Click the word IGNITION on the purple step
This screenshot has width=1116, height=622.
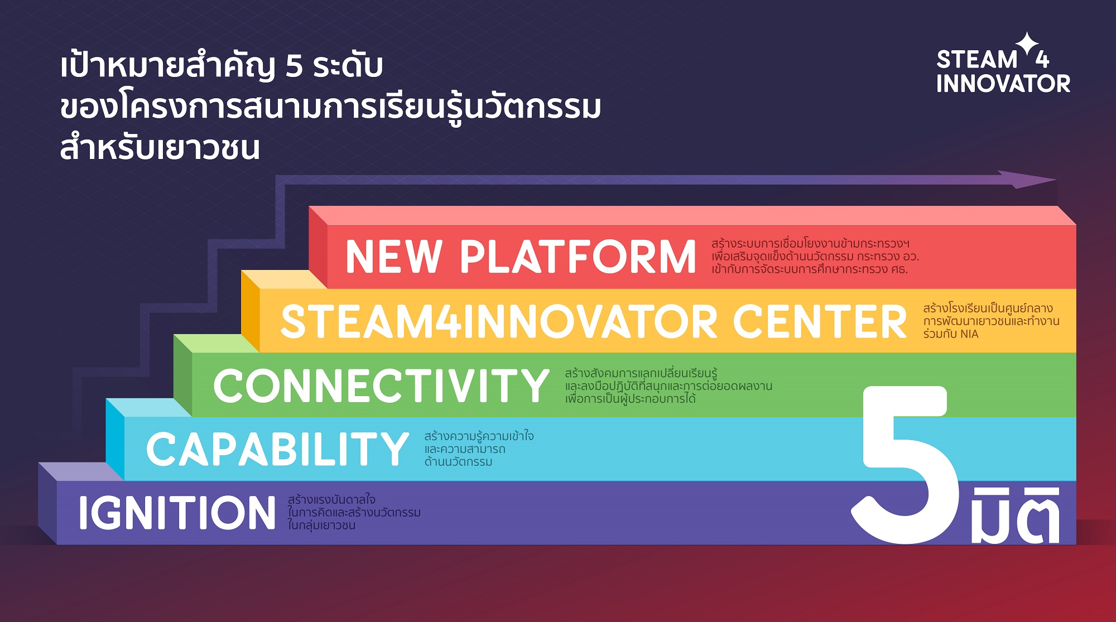click(x=177, y=513)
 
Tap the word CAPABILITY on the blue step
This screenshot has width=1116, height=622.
click(x=277, y=449)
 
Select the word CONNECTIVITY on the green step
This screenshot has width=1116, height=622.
click(x=381, y=385)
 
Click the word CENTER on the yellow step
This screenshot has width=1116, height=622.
click(x=820, y=321)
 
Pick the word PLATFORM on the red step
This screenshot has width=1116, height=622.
click(x=578, y=257)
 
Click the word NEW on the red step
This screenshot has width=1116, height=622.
click(x=394, y=257)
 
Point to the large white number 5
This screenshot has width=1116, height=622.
click(x=904, y=464)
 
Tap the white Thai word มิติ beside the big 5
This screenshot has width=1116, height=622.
click(x=1015, y=514)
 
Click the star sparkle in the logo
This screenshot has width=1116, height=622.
click(x=1027, y=44)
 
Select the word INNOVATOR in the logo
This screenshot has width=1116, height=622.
click(x=1003, y=84)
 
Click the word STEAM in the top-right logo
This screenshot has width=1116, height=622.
click(x=977, y=59)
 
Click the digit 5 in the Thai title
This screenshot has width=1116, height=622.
click(x=294, y=66)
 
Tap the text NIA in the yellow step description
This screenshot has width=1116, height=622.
click(x=969, y=334)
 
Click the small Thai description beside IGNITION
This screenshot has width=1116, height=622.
click(x=354, y=512)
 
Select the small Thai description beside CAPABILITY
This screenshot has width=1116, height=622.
click(x=479, y=449)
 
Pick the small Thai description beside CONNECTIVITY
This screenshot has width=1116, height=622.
click(x=668, y=385)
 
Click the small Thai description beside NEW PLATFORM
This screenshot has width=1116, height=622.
click(x=815, y=256)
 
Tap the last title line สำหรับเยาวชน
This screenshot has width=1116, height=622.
click(x=160, y=148)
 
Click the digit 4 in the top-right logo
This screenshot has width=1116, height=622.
click(x=1042, y=59)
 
